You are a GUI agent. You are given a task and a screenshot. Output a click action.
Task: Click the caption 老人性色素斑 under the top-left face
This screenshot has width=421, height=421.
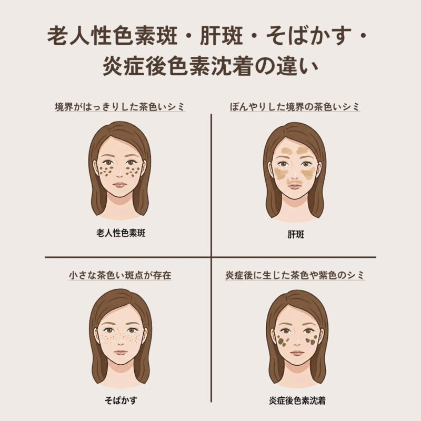coord(121,233)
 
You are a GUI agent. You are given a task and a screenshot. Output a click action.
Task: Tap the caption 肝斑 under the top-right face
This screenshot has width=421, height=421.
coord(296,234)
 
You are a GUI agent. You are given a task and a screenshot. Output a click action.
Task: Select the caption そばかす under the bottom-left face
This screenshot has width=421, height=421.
coord(121,400)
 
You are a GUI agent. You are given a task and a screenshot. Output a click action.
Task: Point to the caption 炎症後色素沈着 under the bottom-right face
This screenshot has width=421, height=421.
coord(297,400)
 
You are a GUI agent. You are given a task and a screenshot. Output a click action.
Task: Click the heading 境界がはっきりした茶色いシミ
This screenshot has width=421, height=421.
coord(120,107)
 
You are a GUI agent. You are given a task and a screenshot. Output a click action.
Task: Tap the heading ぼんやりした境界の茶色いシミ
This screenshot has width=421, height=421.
coord(295,107)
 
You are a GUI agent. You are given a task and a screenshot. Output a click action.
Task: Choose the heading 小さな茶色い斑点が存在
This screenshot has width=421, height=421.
coord(120,275)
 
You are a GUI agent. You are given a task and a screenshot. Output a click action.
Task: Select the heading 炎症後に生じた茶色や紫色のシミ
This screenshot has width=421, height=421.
coord(295,275)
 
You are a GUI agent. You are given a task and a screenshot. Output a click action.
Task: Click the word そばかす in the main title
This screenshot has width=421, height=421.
coord(309,36)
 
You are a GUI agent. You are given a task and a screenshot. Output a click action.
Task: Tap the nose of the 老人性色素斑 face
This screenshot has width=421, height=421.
coord(119,174)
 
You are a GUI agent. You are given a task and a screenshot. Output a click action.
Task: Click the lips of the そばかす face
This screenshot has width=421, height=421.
coord(121,353)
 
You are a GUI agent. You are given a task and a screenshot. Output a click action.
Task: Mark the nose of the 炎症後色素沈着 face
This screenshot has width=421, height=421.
coord(297,342)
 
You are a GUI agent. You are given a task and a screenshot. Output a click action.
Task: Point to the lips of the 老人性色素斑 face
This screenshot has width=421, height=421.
coord(119,185)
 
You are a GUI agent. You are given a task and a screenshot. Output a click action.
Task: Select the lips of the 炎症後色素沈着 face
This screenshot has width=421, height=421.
coord(297,353)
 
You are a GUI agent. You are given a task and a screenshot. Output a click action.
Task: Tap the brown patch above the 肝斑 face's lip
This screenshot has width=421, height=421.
coord(295,181)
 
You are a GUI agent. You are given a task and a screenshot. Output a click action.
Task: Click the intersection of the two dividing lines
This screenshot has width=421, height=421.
coord(212,257)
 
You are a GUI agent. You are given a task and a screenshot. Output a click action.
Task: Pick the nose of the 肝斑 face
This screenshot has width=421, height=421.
coord(295,175)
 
